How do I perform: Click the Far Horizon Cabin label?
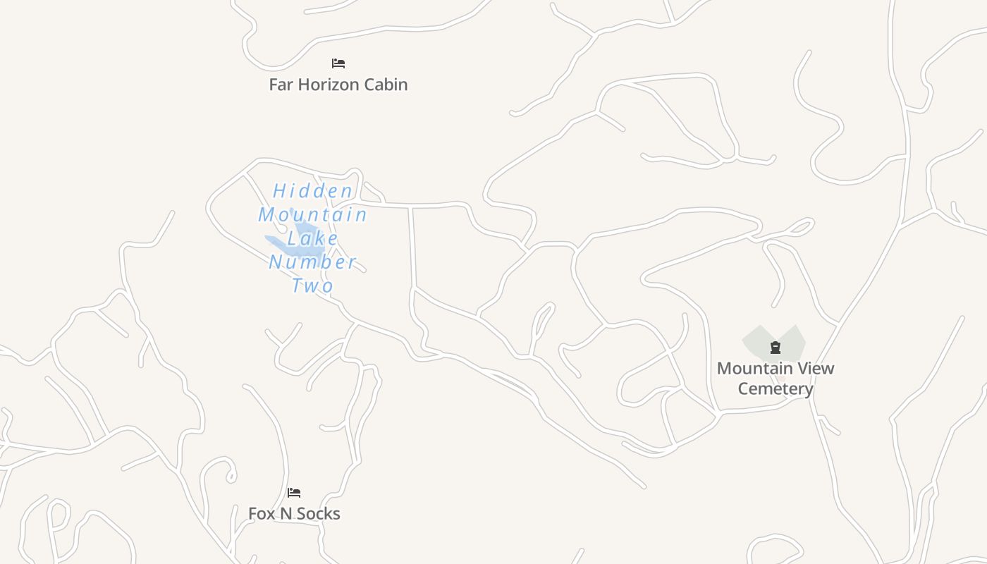[338, 85]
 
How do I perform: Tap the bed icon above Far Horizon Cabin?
[338, 63]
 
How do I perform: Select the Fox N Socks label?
[294, 514]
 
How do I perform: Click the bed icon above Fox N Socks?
[294, 493]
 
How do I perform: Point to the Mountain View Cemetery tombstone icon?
[775, 347]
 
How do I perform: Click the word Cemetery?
[775, 388]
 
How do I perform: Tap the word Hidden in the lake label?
[313, 191]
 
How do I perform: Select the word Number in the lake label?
[313, 262]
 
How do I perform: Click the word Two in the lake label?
[313, 286]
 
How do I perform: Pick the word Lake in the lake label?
[313, 238]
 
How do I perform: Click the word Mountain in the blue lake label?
[313, 214]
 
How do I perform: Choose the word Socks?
[318, 514]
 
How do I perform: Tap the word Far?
[281, 85]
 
